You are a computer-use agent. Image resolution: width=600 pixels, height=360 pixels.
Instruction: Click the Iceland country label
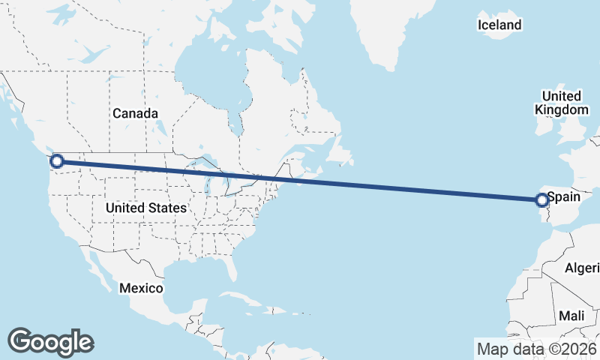pyautogui.click(x=499, y=25)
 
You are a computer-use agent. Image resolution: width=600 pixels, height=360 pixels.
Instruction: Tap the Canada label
pyautogui.click(x=135, y=113)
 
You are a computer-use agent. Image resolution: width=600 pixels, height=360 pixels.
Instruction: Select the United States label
pyautogui.click(x=146, y=207)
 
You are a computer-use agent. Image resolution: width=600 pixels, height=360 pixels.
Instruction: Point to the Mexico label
pyautogui.click(x=142, y=288)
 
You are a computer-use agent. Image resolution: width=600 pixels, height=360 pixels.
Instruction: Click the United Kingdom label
pyautogui.click(x=562, y=103)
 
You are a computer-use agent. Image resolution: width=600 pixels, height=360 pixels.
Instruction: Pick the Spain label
pyautogui.click(x=565, y=198)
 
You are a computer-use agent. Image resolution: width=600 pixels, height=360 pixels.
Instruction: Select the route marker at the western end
pyautogui.click(x=56, y=160)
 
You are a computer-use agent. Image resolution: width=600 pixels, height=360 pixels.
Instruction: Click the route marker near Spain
pyautogui.click(x=541, y=199)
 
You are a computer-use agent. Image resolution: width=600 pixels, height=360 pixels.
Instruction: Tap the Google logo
pyautogui.click(x=50, y=341)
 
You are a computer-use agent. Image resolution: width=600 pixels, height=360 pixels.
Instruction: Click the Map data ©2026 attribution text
pyautogui.click(x=536, y=349)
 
